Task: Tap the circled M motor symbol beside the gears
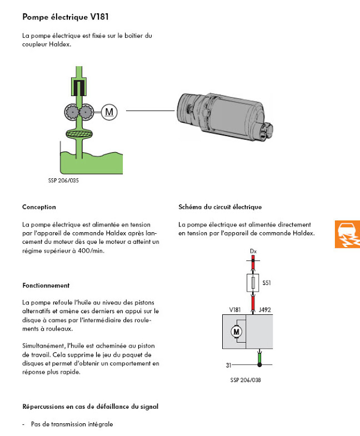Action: [109, 112]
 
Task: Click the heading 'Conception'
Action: [39, 207]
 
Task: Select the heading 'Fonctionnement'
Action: [46, 285]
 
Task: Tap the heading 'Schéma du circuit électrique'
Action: [220, 207]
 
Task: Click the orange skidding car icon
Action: [347, 234]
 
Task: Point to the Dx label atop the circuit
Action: [254, 252]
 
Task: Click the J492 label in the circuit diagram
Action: [264, 310]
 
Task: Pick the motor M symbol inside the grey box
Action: [236, 332]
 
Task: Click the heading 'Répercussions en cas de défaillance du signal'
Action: [90, 407]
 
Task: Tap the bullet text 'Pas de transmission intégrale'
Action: [72, 424]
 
